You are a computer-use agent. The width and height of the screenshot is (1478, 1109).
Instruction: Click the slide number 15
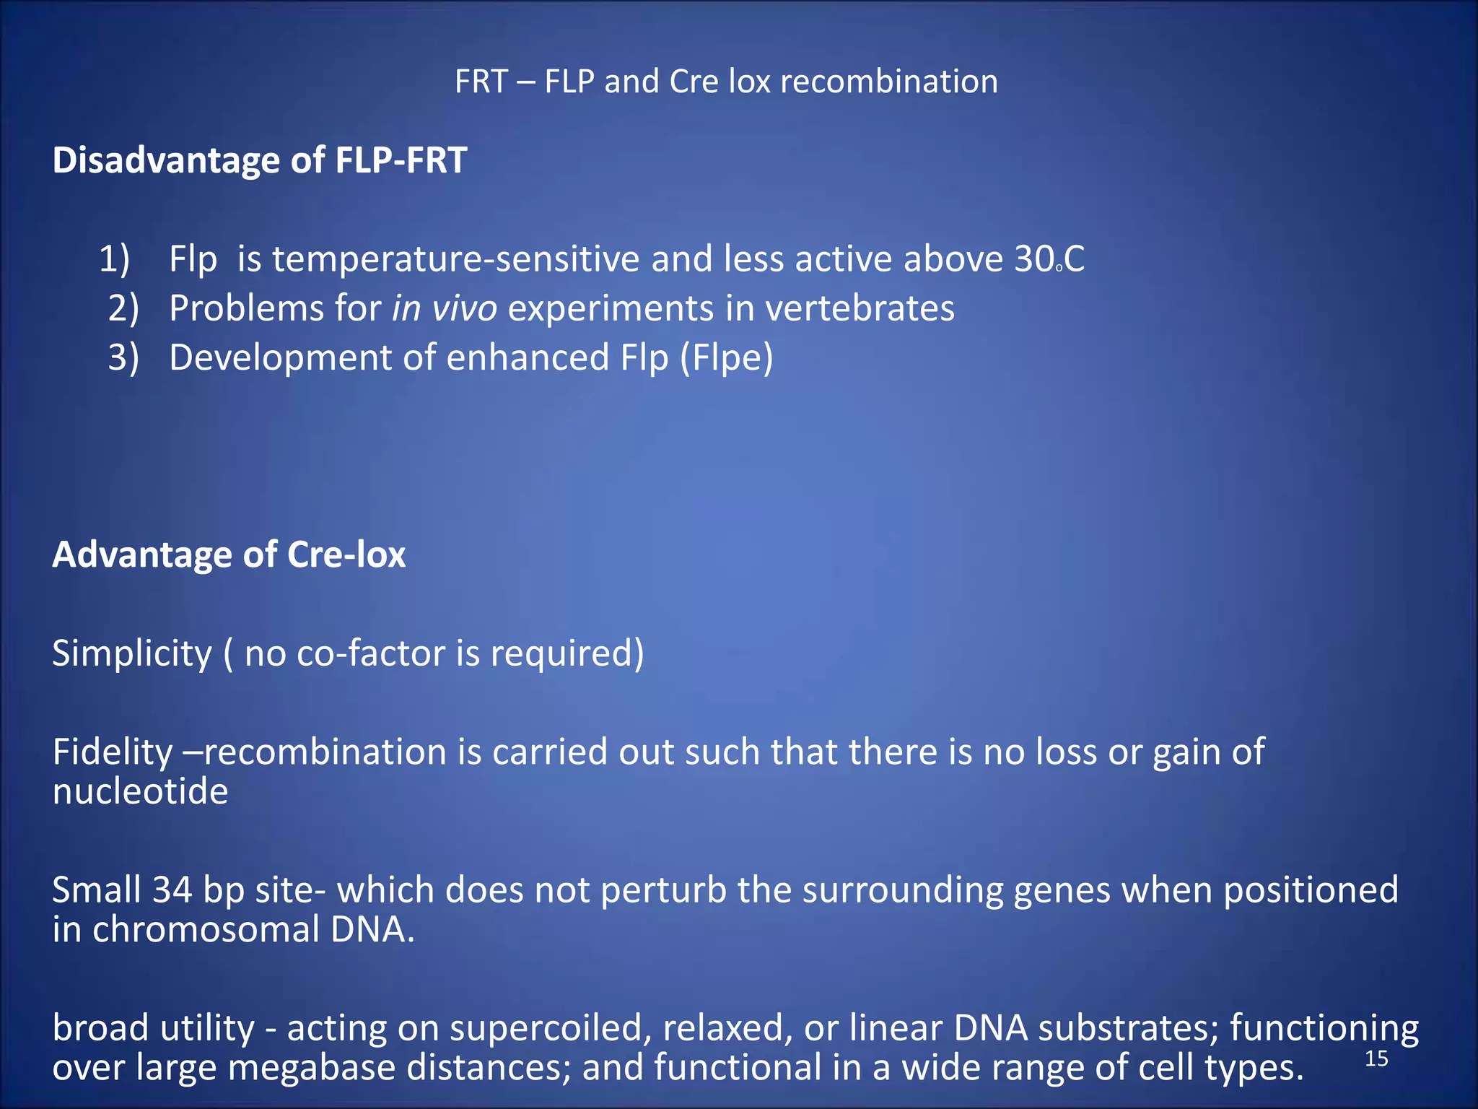[x=1376, y=1058]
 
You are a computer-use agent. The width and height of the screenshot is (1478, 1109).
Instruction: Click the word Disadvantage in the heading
[x=166, y=160]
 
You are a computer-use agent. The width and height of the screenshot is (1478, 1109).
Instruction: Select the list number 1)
[x=114, y=258]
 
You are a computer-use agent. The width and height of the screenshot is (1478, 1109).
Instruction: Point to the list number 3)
[x=123, y=357]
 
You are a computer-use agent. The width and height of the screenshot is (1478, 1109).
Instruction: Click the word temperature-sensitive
[x=455, y=258]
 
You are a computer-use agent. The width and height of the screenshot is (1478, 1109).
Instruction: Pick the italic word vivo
[x=464, y=308]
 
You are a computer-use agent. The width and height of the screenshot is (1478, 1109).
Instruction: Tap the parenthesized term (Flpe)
[x=727, y=358]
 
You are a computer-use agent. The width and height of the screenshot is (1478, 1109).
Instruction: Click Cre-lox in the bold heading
[x=346, y=554]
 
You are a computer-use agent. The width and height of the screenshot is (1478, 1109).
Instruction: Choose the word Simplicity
[x=132, y=653]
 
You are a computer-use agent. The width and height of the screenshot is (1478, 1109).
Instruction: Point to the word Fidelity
[x=113, y=752]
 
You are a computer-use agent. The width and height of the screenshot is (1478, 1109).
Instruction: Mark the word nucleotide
[x=140, y=792]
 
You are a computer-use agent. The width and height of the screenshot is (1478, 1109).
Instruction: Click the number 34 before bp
[x=172, y=890]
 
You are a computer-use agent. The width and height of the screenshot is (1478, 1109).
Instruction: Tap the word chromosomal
[x=206, y=929]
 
